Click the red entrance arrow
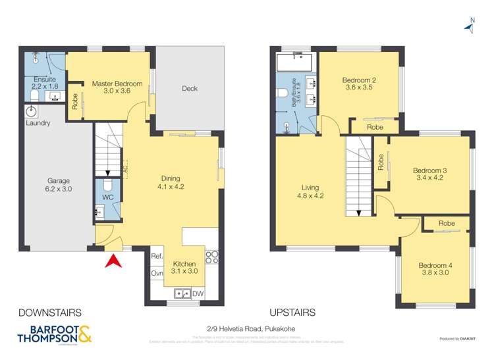click(113, 261)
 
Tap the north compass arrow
click(470, 25)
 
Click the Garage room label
click(58, 184)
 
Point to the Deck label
click(190, 89)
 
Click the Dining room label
click(171, 182)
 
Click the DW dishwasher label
click(198, 293)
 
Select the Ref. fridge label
click(157, 256)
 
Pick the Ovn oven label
click(157, 273)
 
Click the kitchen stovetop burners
click(213, 257)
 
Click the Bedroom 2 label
click(358, 84)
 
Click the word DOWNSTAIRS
click(41, 313)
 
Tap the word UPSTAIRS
click(292, 313)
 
